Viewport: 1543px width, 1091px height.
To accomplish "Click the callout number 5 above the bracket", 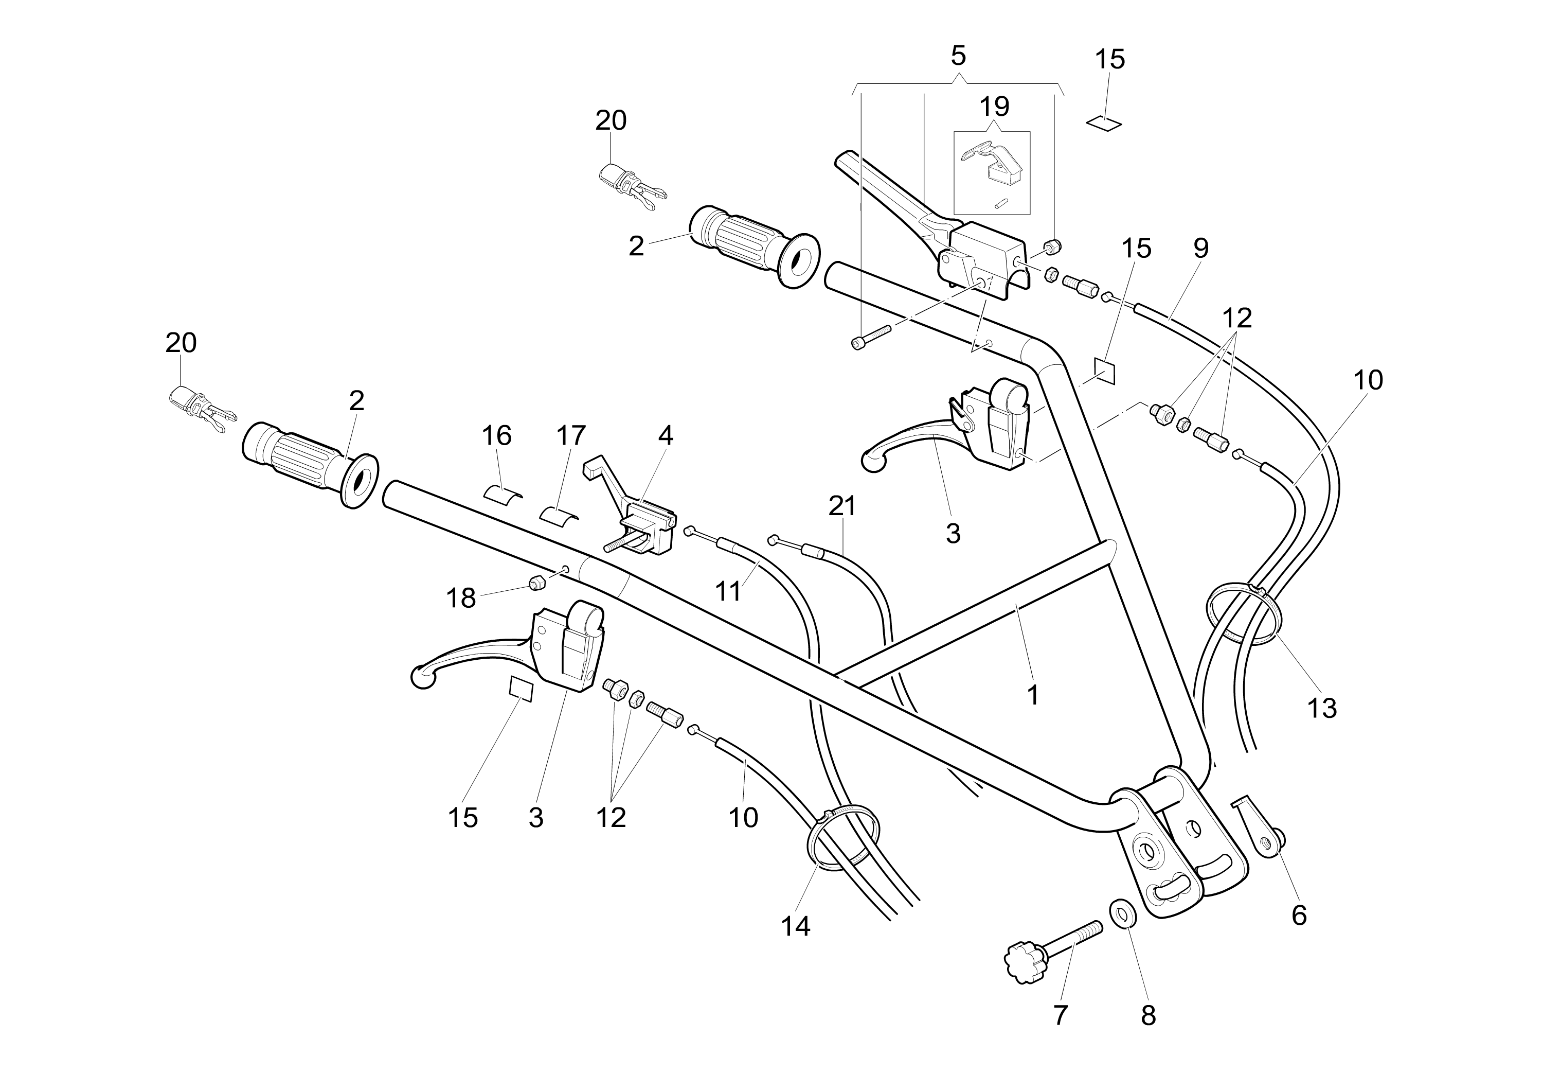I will [958, 56].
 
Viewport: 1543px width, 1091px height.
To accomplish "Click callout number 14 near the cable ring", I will [796, 927].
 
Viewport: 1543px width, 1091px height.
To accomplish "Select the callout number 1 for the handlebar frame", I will [1033, 696].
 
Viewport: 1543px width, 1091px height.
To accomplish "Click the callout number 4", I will [665, 435].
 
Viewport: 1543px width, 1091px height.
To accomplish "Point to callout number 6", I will [1299, 916].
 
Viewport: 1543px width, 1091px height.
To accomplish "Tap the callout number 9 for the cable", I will [1201, 248].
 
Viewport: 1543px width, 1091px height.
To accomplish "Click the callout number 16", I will [497, 435].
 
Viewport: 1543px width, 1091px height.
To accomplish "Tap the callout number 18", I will [461, 597].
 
